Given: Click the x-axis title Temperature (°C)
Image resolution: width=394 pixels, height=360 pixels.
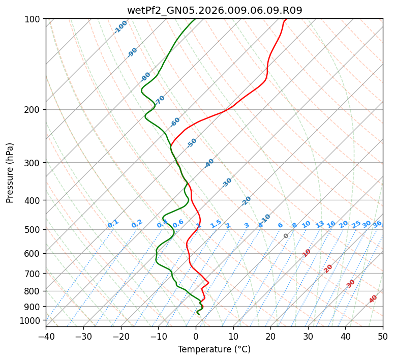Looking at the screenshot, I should tap(214, 350).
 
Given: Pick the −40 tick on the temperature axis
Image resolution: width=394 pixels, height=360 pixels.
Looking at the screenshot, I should tap(46, 336).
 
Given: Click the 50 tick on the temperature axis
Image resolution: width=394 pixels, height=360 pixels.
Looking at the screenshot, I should tap(383, 336).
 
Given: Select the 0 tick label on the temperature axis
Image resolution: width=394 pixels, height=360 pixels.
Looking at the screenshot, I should tap(196, 336).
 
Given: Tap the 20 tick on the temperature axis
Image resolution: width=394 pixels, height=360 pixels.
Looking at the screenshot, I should tap(271, 336).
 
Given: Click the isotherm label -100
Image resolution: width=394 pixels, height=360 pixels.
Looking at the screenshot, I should tap(120, 27).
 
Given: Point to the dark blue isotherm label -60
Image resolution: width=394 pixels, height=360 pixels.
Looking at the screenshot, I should tap(175, 122).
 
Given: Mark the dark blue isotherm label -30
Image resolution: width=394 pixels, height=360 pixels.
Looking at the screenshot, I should tap(227, 183).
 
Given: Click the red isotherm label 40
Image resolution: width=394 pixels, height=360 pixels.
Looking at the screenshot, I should tap(373, 299).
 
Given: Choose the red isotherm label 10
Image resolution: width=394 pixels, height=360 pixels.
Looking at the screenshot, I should tap(307, 253).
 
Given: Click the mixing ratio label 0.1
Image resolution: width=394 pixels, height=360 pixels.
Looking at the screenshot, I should tap(113, 223).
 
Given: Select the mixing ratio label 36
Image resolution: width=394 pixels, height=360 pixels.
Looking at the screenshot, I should tap(377, 224).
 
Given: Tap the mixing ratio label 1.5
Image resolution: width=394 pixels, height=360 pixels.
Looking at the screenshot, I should tap(216, 223).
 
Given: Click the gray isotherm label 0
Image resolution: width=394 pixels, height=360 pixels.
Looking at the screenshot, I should tap(286, 236).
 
